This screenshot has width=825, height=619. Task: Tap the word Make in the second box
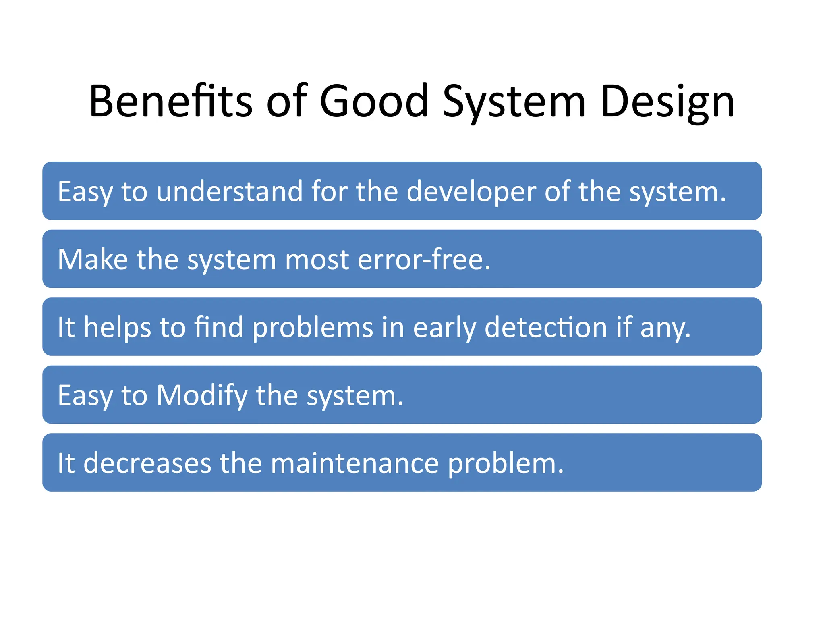93,259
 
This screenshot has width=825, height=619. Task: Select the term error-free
424,259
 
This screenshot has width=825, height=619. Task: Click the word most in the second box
317,259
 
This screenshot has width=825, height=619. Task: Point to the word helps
117,327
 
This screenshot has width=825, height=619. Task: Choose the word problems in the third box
313,327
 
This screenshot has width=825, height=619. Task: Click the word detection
545,327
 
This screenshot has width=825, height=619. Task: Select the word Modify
202,395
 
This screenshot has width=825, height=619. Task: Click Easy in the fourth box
85,395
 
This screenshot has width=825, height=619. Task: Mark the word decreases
147,463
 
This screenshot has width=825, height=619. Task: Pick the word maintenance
354,463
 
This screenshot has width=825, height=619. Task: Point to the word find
219,327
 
